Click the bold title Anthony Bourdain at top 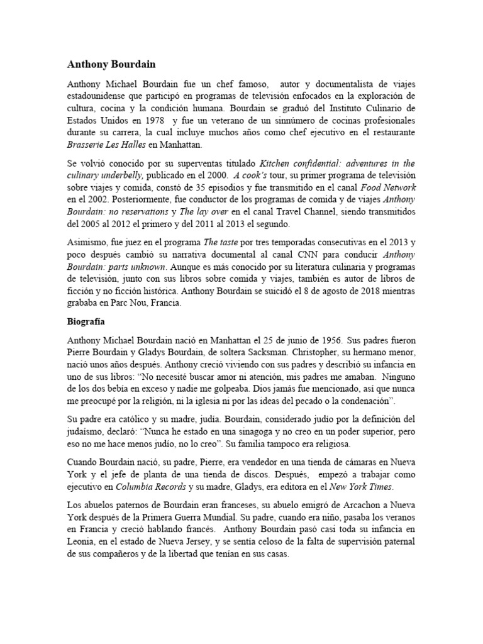(112, 64)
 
